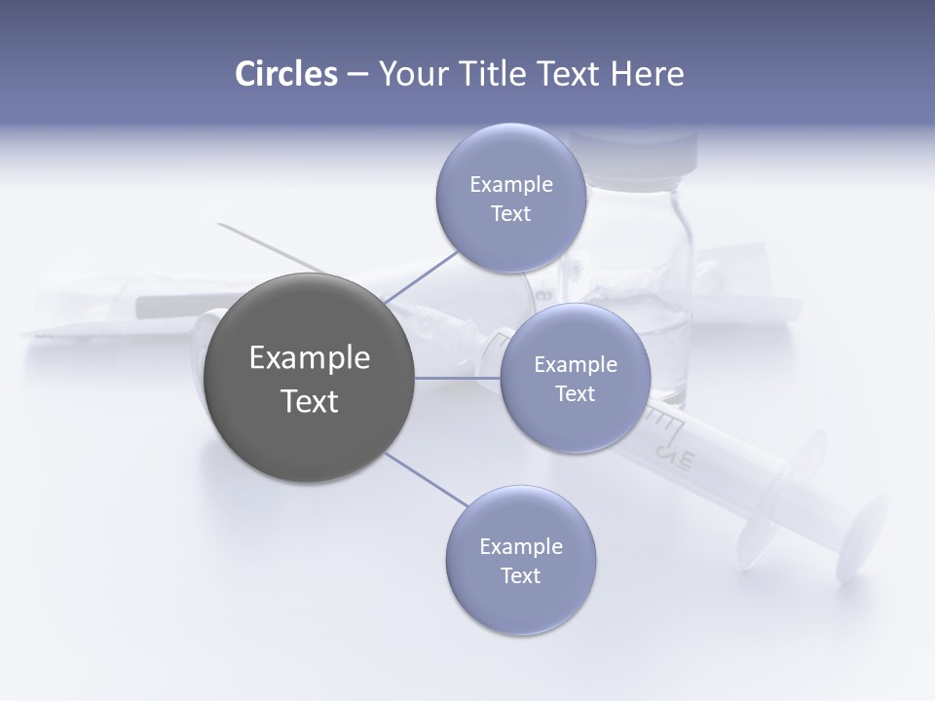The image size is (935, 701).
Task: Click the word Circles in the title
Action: tap(285, 74)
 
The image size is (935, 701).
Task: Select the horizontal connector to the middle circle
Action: tap(458, 378)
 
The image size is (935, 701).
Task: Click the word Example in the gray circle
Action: tap(310, 358)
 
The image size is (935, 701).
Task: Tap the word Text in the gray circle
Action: tap(310, 401)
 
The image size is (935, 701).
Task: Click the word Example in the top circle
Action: tap(510, 185)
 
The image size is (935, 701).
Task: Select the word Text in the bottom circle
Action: tap(520, 575)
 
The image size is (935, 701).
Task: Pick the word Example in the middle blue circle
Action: tap(575, 365)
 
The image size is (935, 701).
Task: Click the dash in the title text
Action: tap(357, 74)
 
